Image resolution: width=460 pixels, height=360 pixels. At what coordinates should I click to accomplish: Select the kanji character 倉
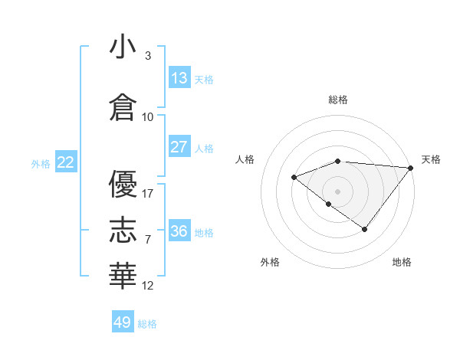click(x=123, y=106)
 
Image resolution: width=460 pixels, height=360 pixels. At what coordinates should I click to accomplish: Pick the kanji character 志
click(x=123, y=228)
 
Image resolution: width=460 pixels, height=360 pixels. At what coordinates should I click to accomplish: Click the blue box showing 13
click(x=179, y=78)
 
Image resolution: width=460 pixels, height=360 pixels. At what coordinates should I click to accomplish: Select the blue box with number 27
click(x=179, y=147)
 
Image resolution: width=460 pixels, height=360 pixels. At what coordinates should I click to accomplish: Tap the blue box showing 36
click(x=179, y=231)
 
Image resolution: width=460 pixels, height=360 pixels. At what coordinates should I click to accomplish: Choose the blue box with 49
click(x=123, y=322)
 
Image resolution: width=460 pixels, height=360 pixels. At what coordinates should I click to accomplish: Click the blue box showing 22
click(x=66, y=162)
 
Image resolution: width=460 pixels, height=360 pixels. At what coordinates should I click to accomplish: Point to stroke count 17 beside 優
click(x=148, y=193)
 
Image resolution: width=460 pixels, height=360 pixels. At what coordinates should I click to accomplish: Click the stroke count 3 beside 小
click(x=147, y=56)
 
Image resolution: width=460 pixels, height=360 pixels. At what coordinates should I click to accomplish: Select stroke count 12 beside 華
click(x=148, y=286)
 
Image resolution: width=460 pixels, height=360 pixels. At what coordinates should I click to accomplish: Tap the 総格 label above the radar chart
click(x=338, y=100)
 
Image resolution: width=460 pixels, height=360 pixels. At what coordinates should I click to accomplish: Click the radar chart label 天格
click(x=431, y=159)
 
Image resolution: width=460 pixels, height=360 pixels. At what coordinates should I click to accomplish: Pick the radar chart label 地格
click(x=402, y=262)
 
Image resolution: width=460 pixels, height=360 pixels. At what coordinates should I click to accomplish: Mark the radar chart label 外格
click(x=270, y=262)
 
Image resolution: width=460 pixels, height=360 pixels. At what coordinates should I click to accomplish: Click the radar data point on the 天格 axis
click(x=411, y=168)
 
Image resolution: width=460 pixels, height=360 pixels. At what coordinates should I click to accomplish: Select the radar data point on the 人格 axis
click(x=294, y=177)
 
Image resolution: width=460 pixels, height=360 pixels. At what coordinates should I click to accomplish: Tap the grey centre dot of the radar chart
click(x=337, y=191)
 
